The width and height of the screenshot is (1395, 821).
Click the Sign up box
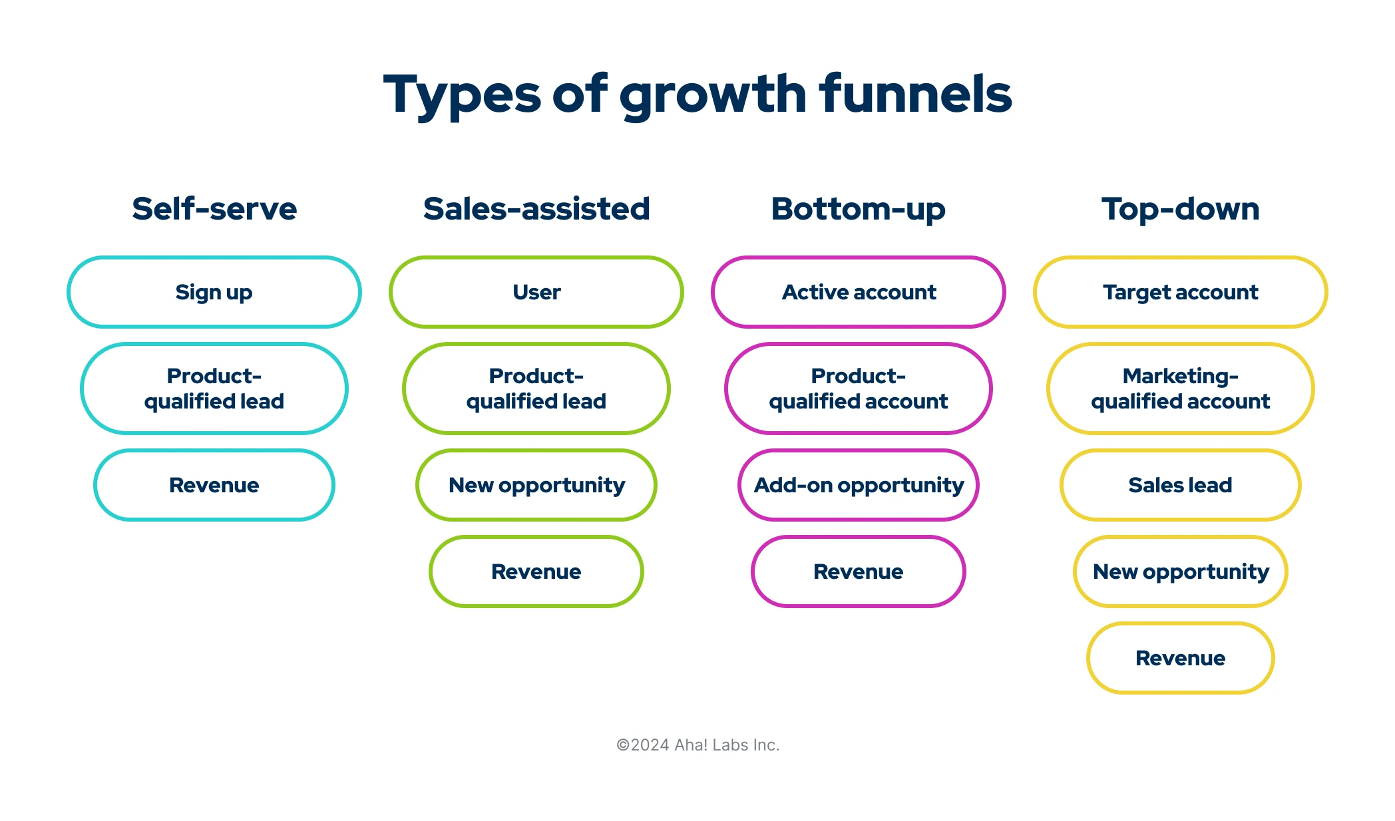point(214,292)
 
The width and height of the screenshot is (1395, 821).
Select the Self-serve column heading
point(214,209)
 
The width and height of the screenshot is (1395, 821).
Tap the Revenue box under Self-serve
point(214,485)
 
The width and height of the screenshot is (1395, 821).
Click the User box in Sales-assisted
point(536,292)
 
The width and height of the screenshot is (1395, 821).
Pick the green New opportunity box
point(536,485)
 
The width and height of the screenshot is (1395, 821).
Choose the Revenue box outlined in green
point(536,572)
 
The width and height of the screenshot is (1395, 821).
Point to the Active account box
point(858,292)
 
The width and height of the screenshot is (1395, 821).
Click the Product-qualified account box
point(858,389)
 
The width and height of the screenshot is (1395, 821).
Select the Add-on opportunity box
point(858,485)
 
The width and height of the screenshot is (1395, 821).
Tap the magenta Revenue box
point(858,572)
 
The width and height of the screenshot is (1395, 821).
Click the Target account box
point(1180,292)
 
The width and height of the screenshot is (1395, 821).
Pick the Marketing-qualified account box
point(1180,389)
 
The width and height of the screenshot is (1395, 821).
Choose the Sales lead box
point(1180,485)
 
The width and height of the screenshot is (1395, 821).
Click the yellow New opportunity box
point(1180,572)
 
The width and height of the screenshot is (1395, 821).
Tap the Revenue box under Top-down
point(1180,658)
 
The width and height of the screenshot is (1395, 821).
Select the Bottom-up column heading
point(858,209)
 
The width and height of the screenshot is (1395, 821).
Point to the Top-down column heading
point(1180,209)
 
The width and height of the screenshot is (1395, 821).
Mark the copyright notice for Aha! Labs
point(697,745)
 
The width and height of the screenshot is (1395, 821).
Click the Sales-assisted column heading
point(536,209)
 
